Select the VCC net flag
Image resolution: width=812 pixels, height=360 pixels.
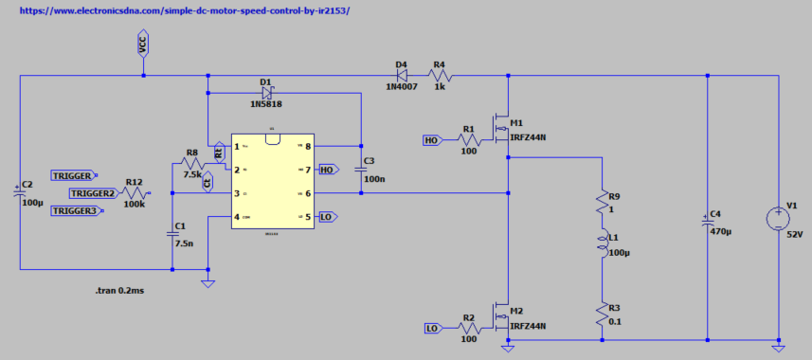tap(143, 44)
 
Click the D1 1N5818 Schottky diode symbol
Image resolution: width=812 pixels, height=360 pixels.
tap(266, 93)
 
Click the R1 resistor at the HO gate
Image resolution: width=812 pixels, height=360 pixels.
tap(468, 139)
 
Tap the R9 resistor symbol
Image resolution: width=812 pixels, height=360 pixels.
tap(603, 201)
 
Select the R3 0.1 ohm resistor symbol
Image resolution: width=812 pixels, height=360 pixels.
tap(603, 314)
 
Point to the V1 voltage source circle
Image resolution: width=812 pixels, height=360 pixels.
tap(778, 220)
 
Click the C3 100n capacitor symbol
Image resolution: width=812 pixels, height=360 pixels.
tap(361, 170)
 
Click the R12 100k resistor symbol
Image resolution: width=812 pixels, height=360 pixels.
tap(134, 193)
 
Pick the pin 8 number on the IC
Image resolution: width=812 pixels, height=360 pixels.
tap(308, 147)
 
